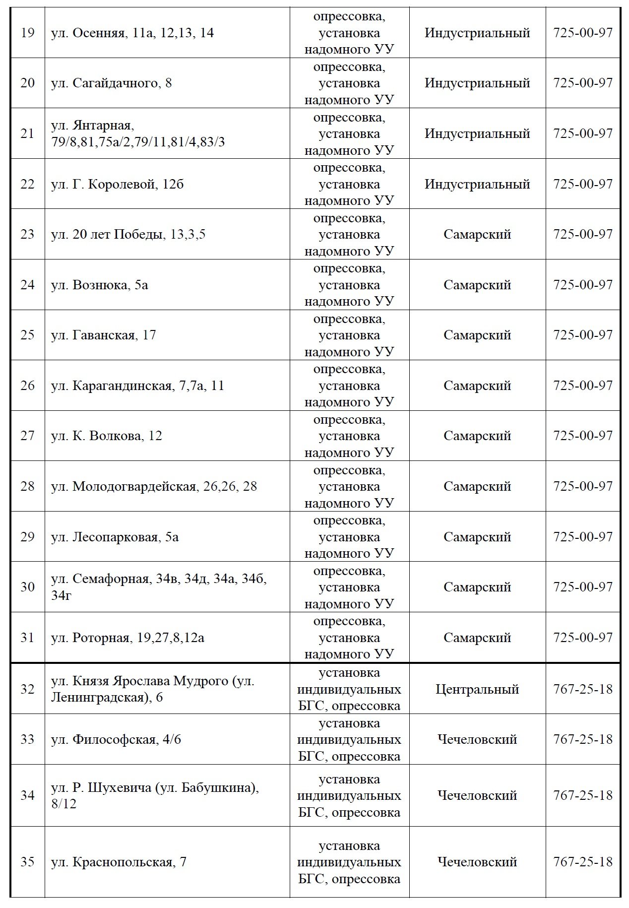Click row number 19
pyautogui.click(x=27, y=33)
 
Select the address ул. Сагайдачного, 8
pyautogui.click(x=111, y=83)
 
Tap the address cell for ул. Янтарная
pyautogui.click(x=137, y=133)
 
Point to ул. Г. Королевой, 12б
pyautogui.click(x=117, y=185)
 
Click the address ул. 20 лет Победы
pyautogui.click(x=128, y=234)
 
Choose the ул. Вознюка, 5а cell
pyautogui.click(x=99, y=285)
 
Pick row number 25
pyautogui.click(x=27, y=335)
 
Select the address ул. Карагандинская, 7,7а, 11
pyautogui.click(x=137, y=386)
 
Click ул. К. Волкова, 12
pyautogui.click(x=106, y=436)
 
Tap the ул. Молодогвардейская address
pyautogui.click(x=154, y=486)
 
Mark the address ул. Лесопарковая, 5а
pyautogui.click(x=115, y=537)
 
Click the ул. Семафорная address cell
pyautogui.click(x=159, y=587)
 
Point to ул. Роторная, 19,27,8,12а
pyautogui.click(x=127, y=638)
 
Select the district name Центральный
pyautogui.click(x=477, y=689)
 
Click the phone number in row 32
pyautogui.click(x=583, y=689)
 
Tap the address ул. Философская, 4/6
pyautogui.click(x=116, y=740)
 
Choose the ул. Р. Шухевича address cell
pyautogui.click(x=155, y=795)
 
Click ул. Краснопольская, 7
pyautogui.click(x=119, y=862)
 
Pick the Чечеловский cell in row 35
pyautogui.click(x=477, y=862)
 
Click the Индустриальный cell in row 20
pyautogui.click(x=477, y=83)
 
